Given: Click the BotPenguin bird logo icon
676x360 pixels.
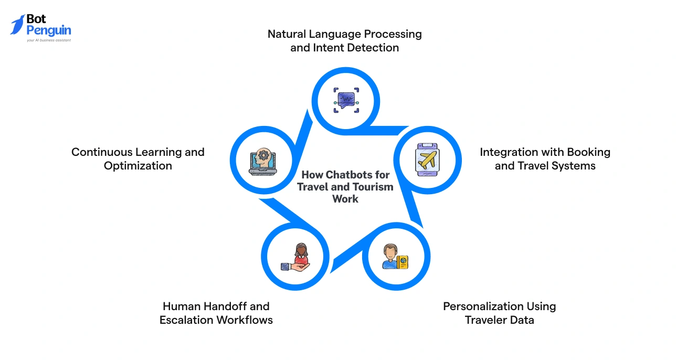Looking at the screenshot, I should [17, 25].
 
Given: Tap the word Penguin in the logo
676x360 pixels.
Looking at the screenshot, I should [48, 31].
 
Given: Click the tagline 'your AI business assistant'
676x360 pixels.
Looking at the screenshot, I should [49, 40].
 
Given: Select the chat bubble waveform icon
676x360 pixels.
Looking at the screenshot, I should [346, 100].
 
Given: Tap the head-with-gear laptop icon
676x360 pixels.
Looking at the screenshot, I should [262, 160].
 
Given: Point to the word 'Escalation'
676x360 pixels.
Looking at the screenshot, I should [189, 320].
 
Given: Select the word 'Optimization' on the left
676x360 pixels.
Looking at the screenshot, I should [138, 166].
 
